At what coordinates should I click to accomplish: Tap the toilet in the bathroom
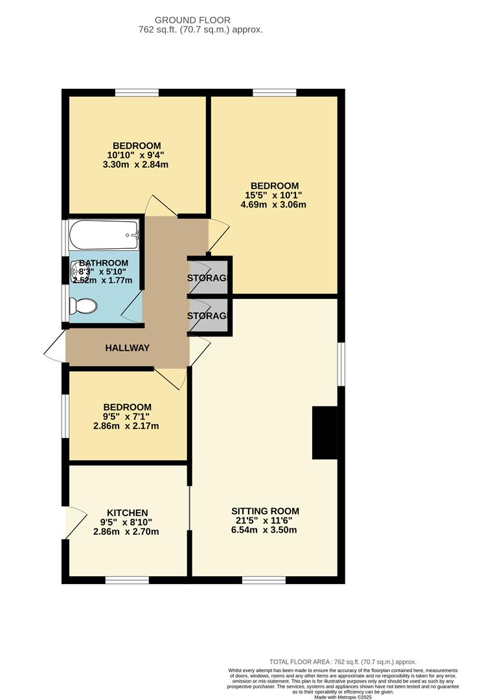coord(84,305)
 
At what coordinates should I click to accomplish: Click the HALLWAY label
coord(128,348)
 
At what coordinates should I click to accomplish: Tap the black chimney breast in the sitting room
coord(325,433)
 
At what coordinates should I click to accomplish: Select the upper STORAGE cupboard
coord(209,277)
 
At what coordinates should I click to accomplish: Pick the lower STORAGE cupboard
coord(209,316)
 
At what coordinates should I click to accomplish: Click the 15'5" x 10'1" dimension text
coord(273,195)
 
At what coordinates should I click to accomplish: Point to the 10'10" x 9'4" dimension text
coord(137,155)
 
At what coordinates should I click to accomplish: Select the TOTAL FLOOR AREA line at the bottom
coord(343,661)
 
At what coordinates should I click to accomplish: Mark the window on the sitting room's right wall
coord(341,364)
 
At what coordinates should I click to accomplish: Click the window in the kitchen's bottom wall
coord(127,579)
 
